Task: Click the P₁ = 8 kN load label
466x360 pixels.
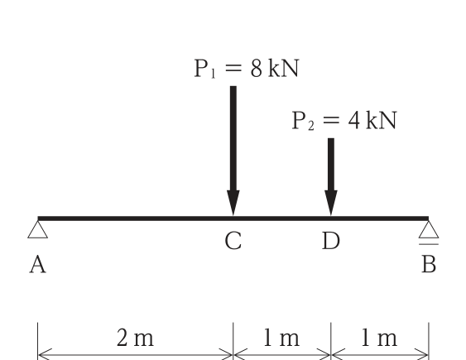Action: [x=247, y=69]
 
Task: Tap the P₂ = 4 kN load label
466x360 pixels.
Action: [x=344, y=121]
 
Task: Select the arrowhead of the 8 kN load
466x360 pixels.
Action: [x=233, y=203]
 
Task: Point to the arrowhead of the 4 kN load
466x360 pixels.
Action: [x=331, y=203]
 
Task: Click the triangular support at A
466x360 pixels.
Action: [x=38, y=229]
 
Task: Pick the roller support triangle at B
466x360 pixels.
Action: [x=429, y=229]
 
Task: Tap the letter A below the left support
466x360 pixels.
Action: [x=38, y=265]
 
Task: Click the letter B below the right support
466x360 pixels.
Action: [x=429, y=264]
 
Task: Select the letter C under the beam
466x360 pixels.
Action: [x=233, y=241]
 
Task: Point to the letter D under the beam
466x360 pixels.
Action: [x=331, y=241]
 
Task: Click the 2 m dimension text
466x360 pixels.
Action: [x=135, y=338]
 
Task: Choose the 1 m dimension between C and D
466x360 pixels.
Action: [x=281, y=338]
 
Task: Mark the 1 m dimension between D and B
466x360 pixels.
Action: [x=380, y=338]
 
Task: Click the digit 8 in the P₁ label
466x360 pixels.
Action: [x=257, y=69]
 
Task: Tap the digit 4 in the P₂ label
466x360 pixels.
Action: [x=354, y=121]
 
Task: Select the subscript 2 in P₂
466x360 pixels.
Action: [x=311, y=126]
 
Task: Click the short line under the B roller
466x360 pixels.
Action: [x=429, y=244]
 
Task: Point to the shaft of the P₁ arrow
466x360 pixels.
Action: [x=233, y=138]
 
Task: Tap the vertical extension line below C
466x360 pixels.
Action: [x=233, y=341]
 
